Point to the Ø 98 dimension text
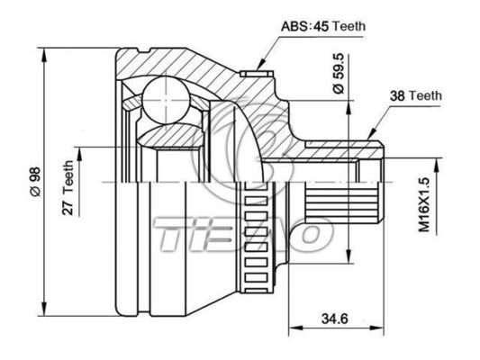pos(33,179)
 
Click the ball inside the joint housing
pos(165,96)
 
